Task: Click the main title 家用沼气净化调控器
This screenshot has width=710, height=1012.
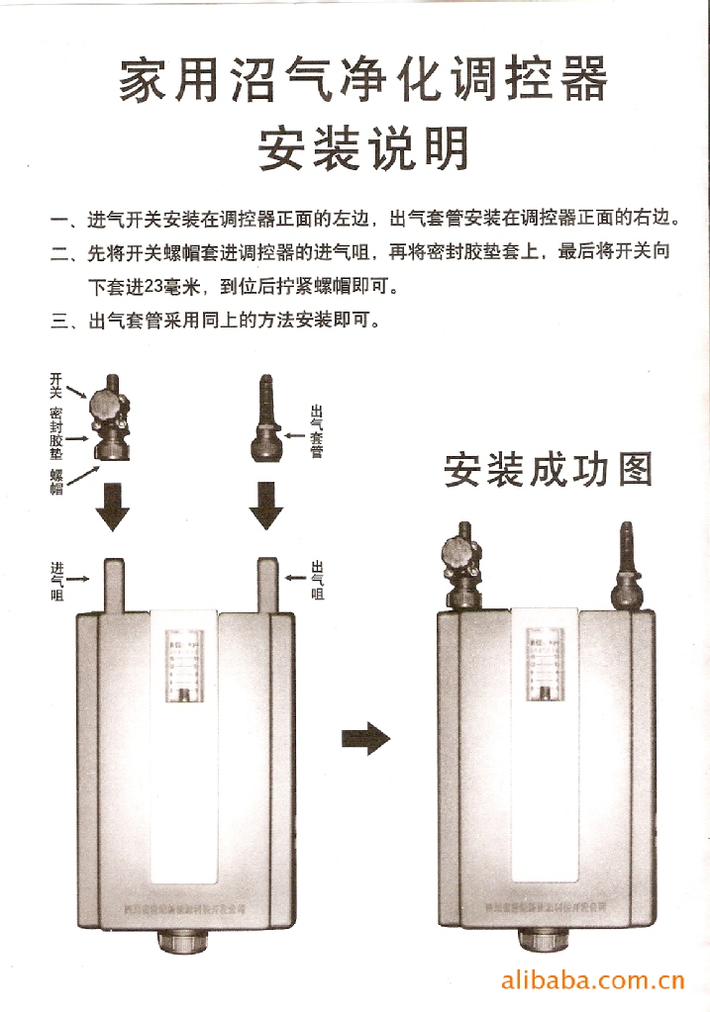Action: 362,80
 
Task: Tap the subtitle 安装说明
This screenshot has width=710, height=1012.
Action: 362,150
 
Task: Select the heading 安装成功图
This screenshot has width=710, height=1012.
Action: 548,471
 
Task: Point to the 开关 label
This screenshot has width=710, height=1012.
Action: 56,386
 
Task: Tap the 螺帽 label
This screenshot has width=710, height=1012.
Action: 56,483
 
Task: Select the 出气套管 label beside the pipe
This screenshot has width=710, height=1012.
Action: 317,431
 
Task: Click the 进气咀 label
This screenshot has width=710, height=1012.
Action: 57,581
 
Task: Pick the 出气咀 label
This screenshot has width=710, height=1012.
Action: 318,581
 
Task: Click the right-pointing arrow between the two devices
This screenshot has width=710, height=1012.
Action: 364,738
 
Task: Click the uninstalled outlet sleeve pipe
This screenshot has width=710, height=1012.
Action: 265,420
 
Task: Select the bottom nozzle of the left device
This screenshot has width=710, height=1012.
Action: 185,946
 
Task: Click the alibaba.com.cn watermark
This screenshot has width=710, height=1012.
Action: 593,981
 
